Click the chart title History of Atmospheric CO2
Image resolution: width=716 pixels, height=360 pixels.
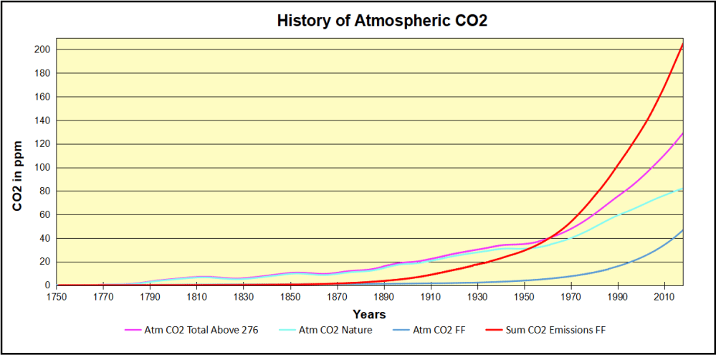(382, 20)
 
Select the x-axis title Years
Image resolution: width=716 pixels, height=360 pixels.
(369, 314)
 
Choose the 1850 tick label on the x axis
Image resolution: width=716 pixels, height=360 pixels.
(290, 296)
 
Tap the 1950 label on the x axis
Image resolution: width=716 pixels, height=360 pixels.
(525, 296)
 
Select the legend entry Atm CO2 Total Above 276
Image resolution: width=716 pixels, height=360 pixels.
(193, 330)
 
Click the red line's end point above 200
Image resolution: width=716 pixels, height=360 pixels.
(683, 44)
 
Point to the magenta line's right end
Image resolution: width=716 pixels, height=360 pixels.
(683, 133)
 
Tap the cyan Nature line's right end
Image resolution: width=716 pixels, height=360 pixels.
(683, 188)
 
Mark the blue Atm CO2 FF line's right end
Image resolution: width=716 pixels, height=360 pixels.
(683, 230)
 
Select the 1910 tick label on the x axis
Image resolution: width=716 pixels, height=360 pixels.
(431, 296)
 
